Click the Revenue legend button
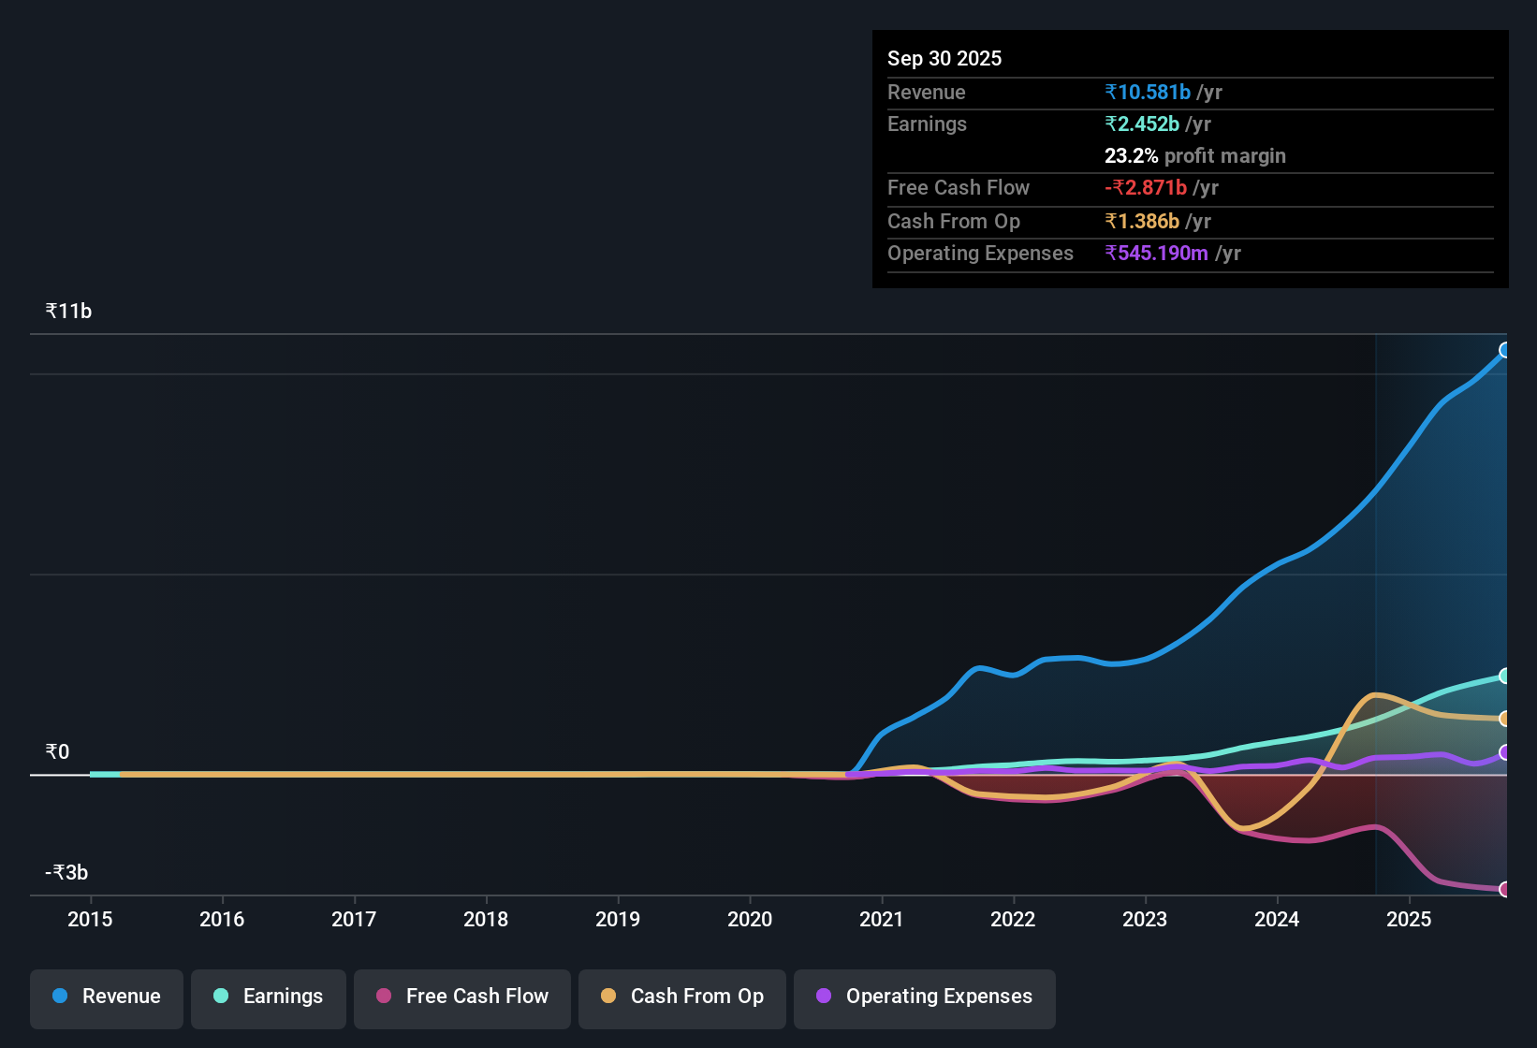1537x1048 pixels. [x=107, y=997]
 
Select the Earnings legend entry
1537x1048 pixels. [x=269, y=997]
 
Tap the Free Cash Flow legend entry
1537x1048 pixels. [x=462, y=997]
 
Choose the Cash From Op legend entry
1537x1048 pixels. [x=682, y=997]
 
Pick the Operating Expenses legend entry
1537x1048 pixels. [x=925, y=997]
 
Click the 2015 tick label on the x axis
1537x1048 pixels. [x=90, y=920]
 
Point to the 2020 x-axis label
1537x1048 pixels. [x=750, y=920]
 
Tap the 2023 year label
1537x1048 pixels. [x=1145, y=920]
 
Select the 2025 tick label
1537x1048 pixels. [x=1409, y=920]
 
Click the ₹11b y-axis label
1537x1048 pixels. [x=68, y=312]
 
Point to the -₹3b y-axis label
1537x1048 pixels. [x=66, y=873]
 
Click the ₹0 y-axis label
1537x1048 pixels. [x=57, y=752]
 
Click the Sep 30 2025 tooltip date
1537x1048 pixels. [x=944, y=59]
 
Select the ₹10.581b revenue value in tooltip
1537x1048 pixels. [x=1148, y=93]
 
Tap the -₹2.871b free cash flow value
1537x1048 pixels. [x=1146, y=188]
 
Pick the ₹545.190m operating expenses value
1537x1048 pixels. [x=1156, y=254]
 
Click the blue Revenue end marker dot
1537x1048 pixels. [x=1505, y=350]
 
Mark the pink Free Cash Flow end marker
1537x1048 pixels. [x=1505, y=889]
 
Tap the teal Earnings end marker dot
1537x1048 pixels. [x=1505, y=676]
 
